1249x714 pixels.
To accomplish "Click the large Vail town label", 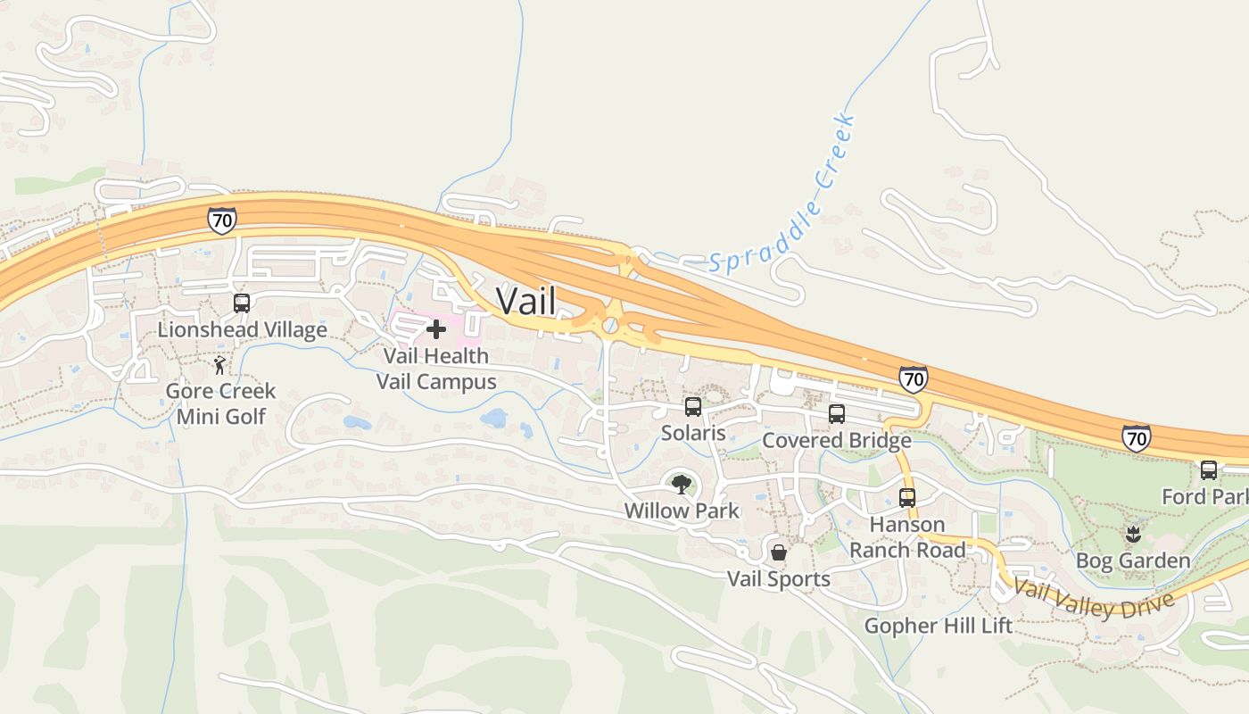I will [525, 301].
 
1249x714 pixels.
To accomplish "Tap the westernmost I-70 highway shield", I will [222, 220].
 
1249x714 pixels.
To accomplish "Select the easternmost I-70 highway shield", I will [1136, 437].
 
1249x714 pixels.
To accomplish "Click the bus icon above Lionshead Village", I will [241, 303].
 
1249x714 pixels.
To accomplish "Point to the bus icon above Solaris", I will [693, 407].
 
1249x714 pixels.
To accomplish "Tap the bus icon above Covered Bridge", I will [836, 413].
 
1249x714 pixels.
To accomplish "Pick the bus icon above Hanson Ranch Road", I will [907, 498].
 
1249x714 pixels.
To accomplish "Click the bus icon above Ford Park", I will [1209, 469].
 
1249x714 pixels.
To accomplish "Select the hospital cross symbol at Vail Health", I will [436, 330].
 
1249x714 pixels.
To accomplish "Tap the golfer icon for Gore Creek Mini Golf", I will [219, 365].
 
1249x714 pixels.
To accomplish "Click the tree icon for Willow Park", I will [682, 485].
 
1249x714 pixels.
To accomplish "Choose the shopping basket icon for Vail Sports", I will [779, 552].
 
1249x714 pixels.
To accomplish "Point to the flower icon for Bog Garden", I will [1133, 535].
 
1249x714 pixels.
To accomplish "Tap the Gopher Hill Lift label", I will [938, 626].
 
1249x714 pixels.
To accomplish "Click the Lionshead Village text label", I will [242, 329].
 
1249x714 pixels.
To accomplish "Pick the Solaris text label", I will [693, 433].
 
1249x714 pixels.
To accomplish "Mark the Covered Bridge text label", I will [836, 440].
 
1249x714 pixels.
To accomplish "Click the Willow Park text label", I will [682, 511].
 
